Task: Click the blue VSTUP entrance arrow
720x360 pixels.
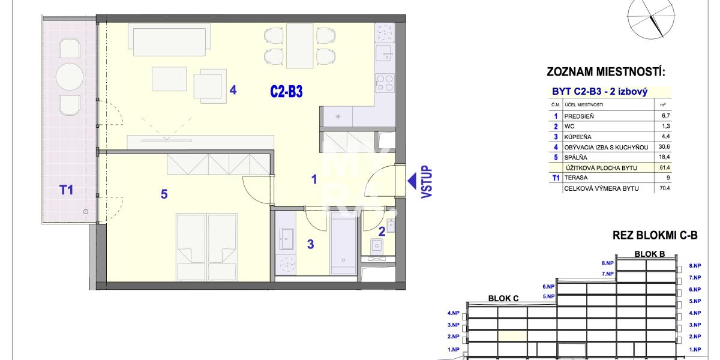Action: tap(412, 181)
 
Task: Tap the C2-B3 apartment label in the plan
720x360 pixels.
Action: tap(286, 92)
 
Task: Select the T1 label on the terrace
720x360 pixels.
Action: tap(66, 190)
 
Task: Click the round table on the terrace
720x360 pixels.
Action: tap(70, 77)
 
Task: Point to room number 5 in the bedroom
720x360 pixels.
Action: tap(164, 194)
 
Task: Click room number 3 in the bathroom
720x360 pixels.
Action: tap(310, 244)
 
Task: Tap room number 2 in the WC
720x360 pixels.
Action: tap(382, 232)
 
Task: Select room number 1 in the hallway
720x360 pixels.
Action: tap(314, 179)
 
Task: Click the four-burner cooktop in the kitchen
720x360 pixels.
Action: tap(385, 83)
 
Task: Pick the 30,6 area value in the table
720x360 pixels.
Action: tap(664, 147)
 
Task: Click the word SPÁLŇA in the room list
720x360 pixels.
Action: tap(575, 157)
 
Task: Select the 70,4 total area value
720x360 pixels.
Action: tap(665, 188)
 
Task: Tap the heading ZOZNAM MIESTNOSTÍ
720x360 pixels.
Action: tap(606, 72)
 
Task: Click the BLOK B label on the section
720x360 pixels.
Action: tap(650, 254)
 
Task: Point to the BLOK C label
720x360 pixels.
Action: tap(503, 298)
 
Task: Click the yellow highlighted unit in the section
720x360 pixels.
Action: tap(512, 337)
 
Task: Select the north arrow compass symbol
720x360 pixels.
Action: tap(651, 20)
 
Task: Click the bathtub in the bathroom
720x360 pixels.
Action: tap(343, 246)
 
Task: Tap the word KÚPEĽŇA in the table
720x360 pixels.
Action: tap(578, 137)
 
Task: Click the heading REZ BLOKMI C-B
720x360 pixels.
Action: tap(655, 235)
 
